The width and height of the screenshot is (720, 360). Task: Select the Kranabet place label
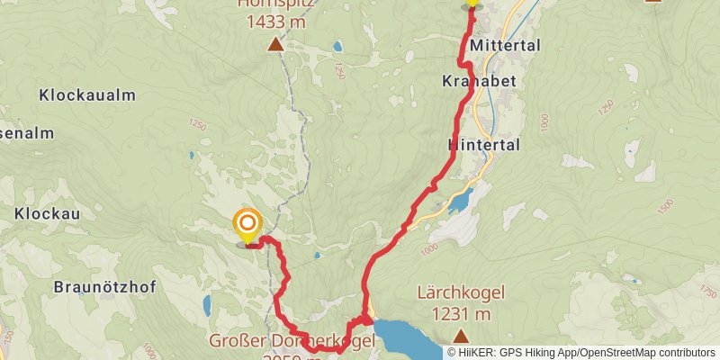pos(478,81)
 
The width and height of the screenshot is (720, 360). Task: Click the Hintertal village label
pos(483,144)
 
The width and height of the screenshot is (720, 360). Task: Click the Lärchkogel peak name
pos(461,292)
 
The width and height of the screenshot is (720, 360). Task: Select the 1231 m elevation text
pos(461,313)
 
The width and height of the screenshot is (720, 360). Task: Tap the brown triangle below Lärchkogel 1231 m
pos(461,337)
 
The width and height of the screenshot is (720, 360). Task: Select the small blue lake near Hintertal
pos(459,201)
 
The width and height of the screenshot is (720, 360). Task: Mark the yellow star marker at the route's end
pos(471,3)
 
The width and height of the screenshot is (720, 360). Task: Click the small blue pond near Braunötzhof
pos(208,306)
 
